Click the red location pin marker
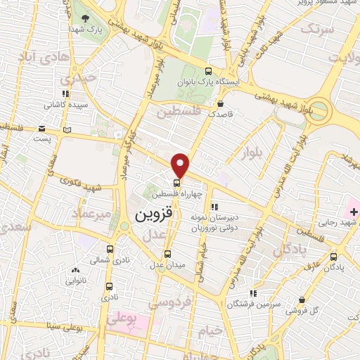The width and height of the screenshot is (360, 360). point(181,165)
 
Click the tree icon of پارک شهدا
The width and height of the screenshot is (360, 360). point(85,20)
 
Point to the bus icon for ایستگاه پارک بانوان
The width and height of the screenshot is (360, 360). point(208,70)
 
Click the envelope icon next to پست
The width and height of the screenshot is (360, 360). point(41,129)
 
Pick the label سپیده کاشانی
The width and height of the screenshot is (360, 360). point(64,105)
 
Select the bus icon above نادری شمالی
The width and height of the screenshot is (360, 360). point(109,248)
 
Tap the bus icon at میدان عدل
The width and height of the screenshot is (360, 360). point(167,254)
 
